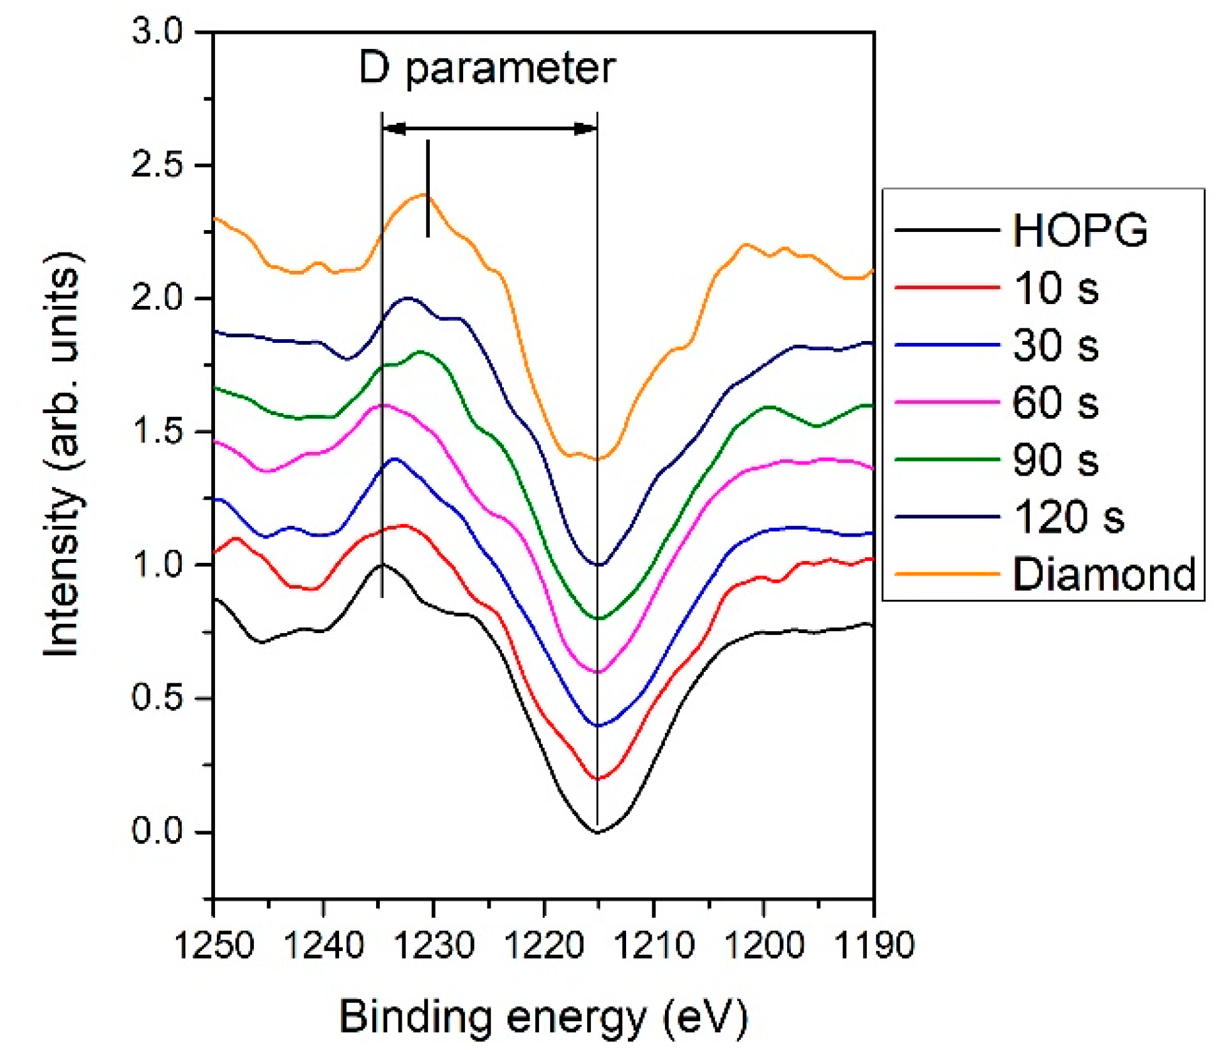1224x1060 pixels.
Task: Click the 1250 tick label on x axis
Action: click(214, 945)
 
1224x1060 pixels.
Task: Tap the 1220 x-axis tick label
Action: click(543, 945)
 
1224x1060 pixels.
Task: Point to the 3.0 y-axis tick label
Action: click(157, 31)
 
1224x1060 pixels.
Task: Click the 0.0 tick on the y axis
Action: click(157, 831)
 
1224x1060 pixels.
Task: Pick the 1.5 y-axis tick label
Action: click(157, 431)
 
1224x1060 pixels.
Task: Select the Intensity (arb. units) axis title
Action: click(63, 454)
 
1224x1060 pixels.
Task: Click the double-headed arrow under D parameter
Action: click(489, 129)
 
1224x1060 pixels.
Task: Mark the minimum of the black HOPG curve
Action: click(597, 832)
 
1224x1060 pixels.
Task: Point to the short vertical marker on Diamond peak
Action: click(428, 188)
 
